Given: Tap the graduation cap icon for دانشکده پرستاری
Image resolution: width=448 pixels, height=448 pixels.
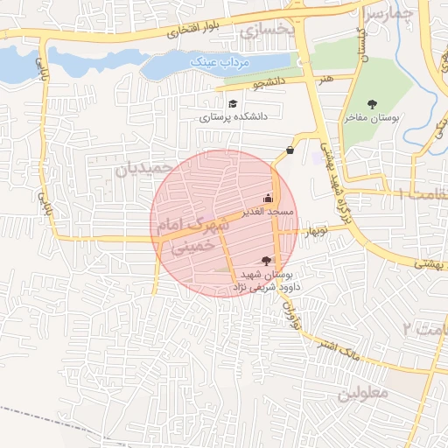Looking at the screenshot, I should point(232,104).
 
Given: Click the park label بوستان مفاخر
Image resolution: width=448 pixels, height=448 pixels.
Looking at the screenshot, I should point(386,116).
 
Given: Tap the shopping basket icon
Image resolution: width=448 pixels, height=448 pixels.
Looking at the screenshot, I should point(290,150).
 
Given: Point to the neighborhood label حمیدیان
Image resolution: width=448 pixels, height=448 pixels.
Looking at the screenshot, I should point(140,165).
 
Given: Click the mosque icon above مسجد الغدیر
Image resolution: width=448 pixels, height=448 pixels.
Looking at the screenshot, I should point(268,198).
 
